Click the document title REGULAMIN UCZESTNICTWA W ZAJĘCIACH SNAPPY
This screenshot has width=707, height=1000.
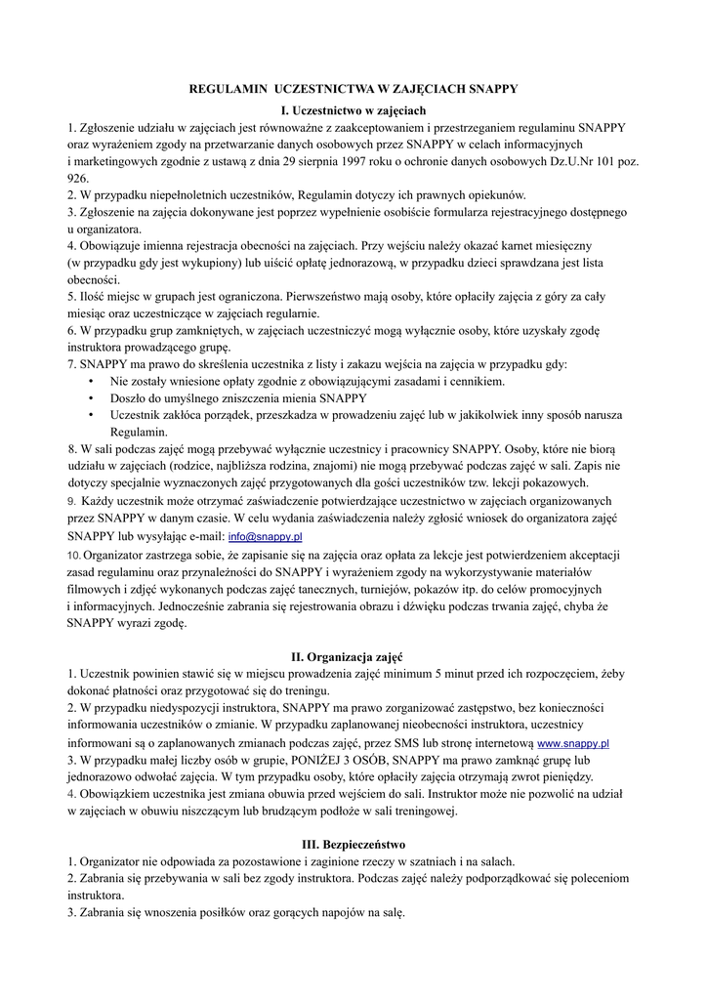point(353,89)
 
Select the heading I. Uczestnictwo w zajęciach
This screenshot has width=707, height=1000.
point(353,109)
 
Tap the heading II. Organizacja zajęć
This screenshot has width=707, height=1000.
point(353,657)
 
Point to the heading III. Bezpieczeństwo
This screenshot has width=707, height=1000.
point(353,844)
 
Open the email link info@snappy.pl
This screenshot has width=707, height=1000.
point(265,537)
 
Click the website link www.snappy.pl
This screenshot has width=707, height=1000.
point(573,743)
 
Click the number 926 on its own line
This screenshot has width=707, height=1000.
point(77,179)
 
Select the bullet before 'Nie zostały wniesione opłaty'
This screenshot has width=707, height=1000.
point(91,381)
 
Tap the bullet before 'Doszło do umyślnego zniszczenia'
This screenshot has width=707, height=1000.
point(91,398)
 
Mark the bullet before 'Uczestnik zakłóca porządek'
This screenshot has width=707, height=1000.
point(91,415)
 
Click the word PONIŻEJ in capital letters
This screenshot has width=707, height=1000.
point(290,760)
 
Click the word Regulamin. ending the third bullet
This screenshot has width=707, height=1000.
point(140,432)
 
